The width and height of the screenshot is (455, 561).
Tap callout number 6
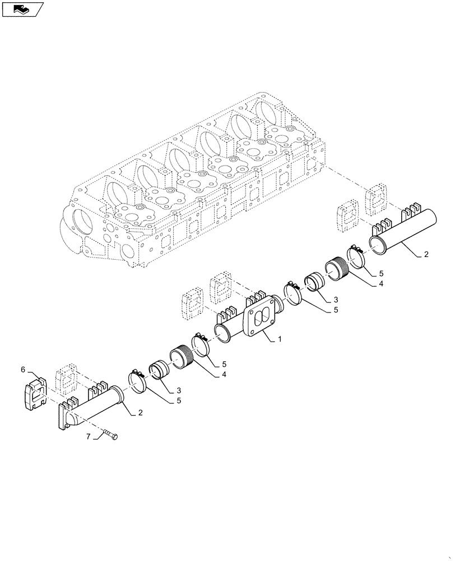pyautogui.click(x=24, y=369)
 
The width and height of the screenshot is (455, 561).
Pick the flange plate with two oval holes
pyautogui.click(x=258, y=318)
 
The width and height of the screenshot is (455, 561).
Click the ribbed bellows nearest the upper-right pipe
pyautogui.click(x=338, y=267)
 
